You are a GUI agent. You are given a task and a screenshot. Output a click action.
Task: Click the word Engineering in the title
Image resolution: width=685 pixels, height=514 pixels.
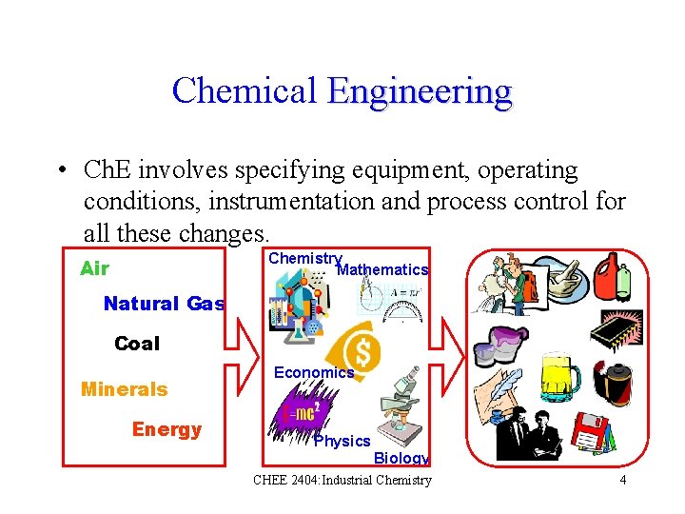tap(420, 91)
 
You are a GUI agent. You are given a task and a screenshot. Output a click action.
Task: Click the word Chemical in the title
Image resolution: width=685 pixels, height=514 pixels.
tap(244, 91)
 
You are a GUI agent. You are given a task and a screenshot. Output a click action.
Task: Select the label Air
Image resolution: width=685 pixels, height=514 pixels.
tap(94, 268)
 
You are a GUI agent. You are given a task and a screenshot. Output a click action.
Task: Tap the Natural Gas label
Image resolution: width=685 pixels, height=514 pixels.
tap(164, 304)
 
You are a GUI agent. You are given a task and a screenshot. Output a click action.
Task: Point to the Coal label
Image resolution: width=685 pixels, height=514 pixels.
tap(137, 344)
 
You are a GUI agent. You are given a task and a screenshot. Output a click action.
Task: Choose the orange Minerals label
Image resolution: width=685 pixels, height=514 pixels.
tap(124, 389)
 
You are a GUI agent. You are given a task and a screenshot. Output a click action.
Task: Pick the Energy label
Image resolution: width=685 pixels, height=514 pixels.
tap(166, 429)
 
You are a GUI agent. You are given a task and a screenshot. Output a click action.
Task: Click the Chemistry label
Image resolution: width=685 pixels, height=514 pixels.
tap(304, 258)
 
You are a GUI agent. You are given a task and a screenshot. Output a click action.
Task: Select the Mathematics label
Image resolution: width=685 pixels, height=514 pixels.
tap(382, 270)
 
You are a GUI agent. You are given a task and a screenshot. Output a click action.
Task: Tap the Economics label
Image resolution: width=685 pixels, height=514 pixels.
tap(314, 373)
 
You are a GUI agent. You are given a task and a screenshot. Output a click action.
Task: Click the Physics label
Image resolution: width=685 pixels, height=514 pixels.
tap(342, 442)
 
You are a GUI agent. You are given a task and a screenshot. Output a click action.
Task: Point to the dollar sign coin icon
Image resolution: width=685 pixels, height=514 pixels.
tap(362, 349)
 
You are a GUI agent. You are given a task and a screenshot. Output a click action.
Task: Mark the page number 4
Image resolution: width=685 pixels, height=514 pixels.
tap(623, 480)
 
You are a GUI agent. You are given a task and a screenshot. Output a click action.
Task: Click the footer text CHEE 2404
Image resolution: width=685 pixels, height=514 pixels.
tap(285, 480)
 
